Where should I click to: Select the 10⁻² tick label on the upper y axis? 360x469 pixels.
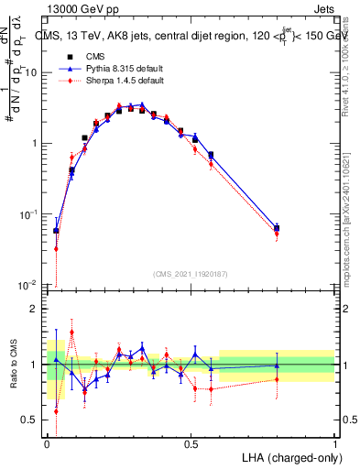tap(28, 285)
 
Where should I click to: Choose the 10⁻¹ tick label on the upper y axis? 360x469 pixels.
tap(28, 214)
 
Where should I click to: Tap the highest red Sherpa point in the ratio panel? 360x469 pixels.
tap(71, 333)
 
